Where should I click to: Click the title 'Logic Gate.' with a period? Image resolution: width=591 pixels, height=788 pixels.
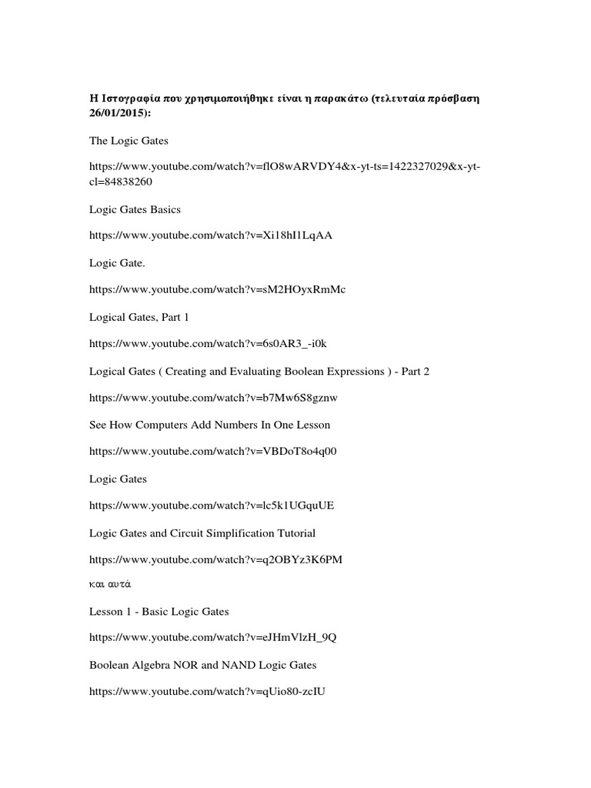(116, 262)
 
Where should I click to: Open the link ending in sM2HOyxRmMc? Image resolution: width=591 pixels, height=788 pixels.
(217, 289)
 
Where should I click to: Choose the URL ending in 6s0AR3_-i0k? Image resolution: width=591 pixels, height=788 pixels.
(212, 343)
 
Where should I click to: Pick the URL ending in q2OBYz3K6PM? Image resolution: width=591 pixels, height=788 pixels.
(215, 559)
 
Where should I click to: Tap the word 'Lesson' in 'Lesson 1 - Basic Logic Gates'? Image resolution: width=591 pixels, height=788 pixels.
(105, 611)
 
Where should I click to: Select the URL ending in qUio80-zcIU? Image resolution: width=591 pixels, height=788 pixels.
(207, 692)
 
